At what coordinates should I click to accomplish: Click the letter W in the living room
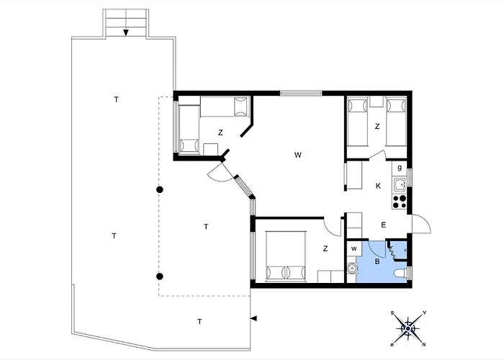(x=298, y=155)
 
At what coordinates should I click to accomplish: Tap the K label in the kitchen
(x=378, y=186)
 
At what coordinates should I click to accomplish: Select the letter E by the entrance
(x=384, y=225)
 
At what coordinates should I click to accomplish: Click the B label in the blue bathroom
(x=377, y=261)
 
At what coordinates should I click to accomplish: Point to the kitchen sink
(x=400, y=185)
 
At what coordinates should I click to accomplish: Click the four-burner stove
(x=400, y=202)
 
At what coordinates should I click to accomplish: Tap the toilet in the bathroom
(x=400, y=274)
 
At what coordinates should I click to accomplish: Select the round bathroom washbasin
(x=352, y=268)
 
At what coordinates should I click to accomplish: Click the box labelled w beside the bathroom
(x=354, y=248)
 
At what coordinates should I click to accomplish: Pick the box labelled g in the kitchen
(x=400, y=168)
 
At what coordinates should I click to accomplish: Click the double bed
(x=286, y=256)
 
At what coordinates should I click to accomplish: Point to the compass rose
(x=408, y=328)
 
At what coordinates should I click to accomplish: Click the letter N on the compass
(x=424, y=345)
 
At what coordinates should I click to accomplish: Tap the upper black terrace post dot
(x=160, y=189)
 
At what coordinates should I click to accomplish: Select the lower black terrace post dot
(x=160, y=276)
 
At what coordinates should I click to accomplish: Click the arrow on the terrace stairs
(x=126, y=32)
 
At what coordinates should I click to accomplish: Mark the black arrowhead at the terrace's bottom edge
(x=253, y=318)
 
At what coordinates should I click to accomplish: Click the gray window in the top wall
(x=301, y=93)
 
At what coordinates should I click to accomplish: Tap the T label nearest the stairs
(x=117, y=99)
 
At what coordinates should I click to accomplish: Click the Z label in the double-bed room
(x=325, y=248)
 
